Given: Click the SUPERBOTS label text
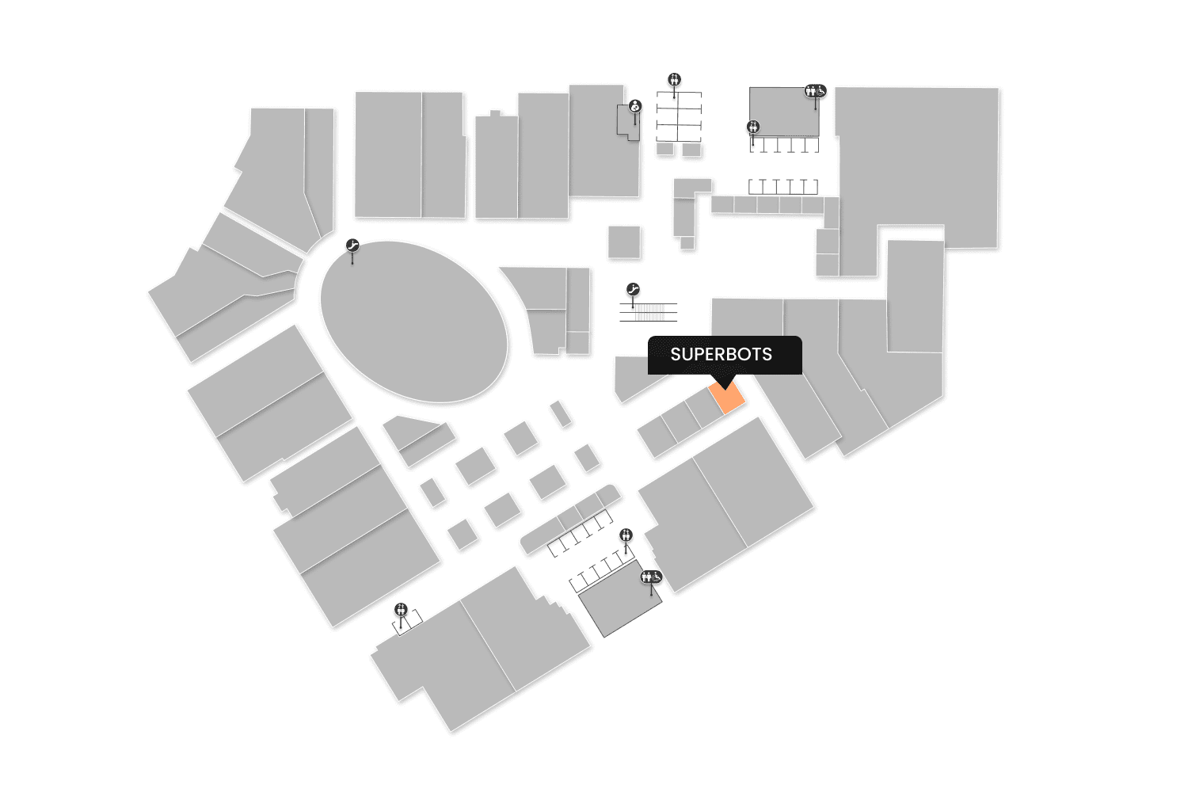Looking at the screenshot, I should pos(721,354).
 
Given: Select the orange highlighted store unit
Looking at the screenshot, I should pos(728,396).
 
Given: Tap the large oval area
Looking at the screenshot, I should pos(413,321).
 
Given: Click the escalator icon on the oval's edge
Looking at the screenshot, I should pos(352,246).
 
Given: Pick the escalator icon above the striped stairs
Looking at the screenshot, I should pos(632,290).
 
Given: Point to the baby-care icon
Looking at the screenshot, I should pos(634,106).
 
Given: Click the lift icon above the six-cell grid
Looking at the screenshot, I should pos(674,79).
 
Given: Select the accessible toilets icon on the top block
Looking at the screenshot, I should pos(815,91).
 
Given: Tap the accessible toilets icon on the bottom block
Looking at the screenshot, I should pos(651,577).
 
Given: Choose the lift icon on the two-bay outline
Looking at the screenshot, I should pos(401,609).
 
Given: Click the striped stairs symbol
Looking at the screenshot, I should pos(649,312).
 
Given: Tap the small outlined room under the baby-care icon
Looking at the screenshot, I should pos(627,124).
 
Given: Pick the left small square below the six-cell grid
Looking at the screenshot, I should pos(665,149).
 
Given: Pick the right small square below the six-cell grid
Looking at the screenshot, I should pos(691,149).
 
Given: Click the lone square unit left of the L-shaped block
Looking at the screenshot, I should pos(624,242).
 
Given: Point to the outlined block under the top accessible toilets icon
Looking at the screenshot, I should pos(783,111).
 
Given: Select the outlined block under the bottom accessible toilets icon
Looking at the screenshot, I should pos(620,600).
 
